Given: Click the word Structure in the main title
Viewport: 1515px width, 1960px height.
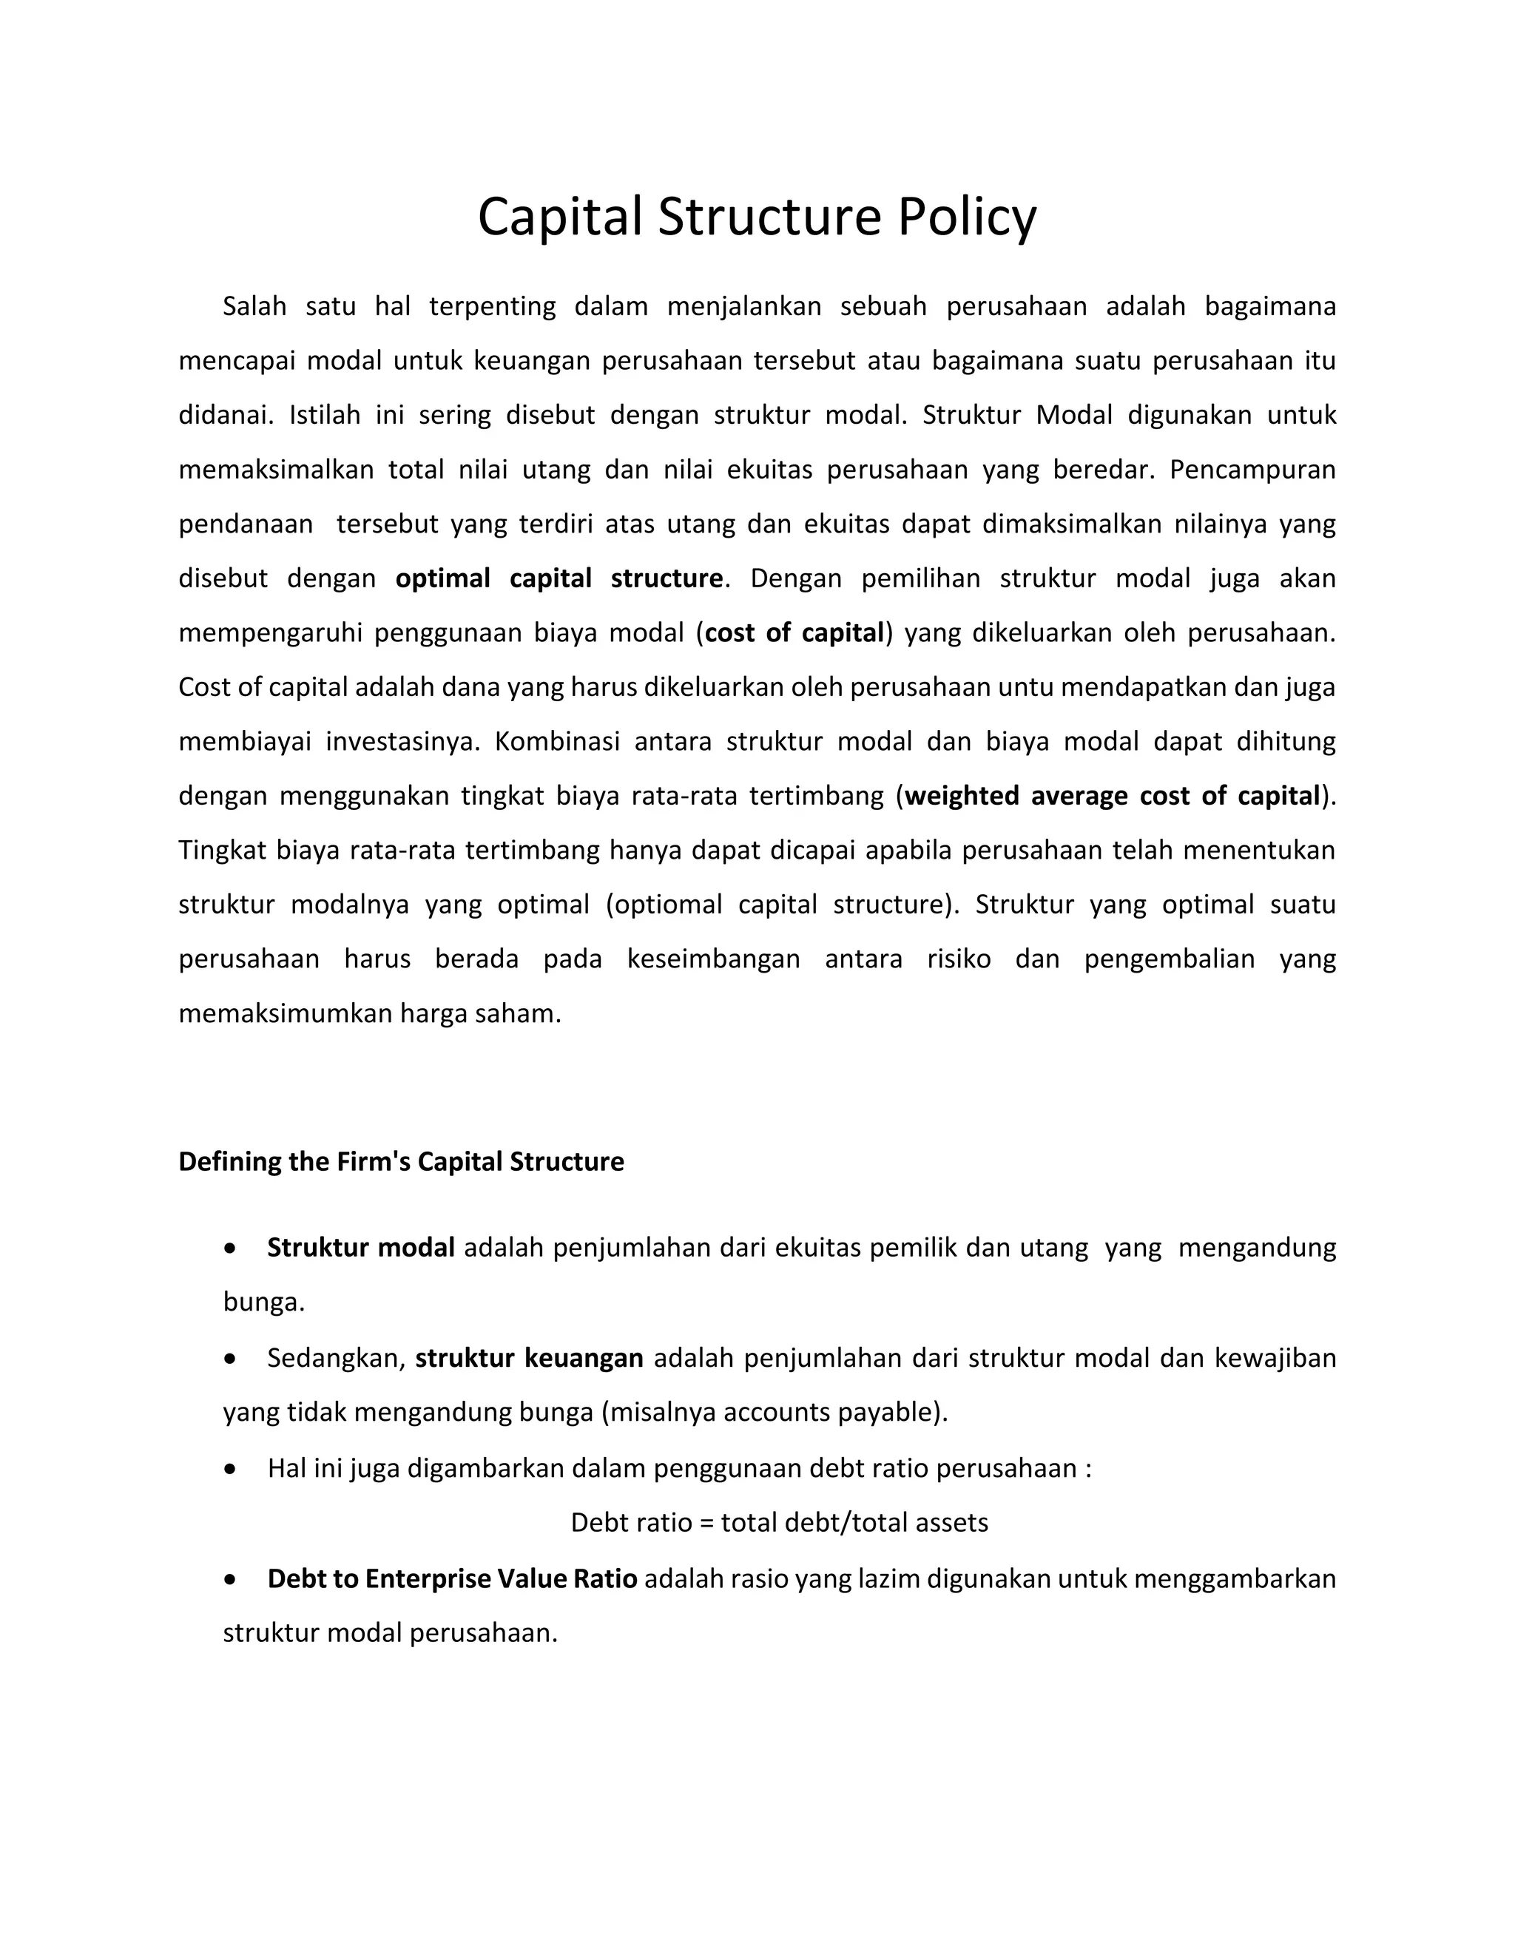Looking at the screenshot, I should pos(769,217).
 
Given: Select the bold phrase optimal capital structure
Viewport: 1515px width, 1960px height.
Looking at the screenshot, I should pos(559,578).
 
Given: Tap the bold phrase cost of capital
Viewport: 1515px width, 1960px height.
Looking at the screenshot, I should pos(794,632).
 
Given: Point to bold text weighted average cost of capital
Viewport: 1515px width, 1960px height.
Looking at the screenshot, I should pos(1112,795).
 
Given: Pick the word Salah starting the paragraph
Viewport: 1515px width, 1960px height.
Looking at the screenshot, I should pos(254,306).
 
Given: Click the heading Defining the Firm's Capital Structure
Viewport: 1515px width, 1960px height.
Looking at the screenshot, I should pos(401,1161).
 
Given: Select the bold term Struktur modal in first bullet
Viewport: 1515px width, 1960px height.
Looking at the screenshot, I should pos(361,1248).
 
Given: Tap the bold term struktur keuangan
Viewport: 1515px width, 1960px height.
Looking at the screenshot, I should pos(529,1358).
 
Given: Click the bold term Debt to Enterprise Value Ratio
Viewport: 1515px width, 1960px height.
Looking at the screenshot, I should pos(452,1578).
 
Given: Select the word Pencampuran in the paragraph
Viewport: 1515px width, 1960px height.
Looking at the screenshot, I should pos(1252,470).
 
